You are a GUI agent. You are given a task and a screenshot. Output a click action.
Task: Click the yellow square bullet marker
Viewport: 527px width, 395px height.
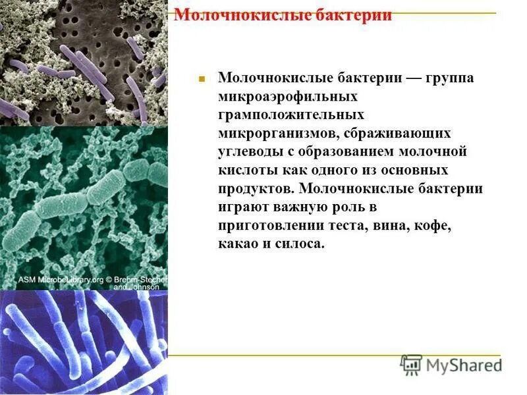(x=203, y=79)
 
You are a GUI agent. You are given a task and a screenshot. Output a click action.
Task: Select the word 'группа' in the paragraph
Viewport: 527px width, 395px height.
(x=450, y=78)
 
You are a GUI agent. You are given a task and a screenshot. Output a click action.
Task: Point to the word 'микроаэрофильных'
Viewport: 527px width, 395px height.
(x=288, y=97)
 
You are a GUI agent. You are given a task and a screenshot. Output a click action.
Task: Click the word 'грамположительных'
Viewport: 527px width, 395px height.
(x=294, y=115)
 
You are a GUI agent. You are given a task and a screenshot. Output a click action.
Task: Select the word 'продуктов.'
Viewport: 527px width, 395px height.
(x=256, y=189)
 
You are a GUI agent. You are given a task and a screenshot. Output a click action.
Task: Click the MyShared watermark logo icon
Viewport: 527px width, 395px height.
(x=412, y=364)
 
